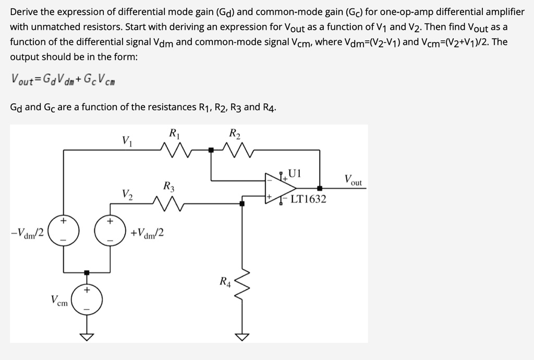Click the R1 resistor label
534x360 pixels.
[x=175, y=133]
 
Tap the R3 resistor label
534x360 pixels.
[x=169, y=186]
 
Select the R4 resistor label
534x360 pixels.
[x=225, y=283]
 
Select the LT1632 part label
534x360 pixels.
[x=308, y=199]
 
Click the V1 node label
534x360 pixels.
[x=126, y=140]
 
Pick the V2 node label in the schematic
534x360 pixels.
[x=127, y=195]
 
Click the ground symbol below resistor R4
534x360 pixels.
[x=241, y=336]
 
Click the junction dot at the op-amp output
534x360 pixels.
[x=319, y=188]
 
